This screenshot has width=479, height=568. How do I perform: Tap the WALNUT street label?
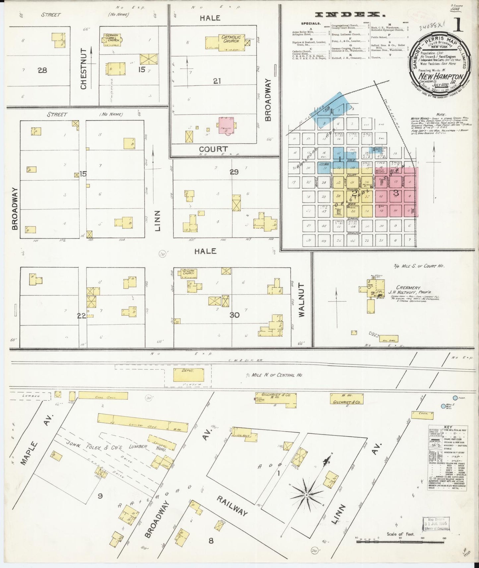301,300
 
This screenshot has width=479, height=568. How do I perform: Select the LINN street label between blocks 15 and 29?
157,220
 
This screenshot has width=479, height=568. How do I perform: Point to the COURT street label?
213,149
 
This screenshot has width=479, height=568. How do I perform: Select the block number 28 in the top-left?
42,70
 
